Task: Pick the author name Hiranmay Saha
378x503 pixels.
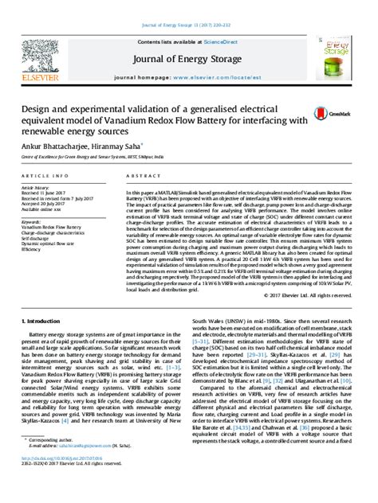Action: tap(120, 147)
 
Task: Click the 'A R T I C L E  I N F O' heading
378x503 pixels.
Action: tap(45, 174)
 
